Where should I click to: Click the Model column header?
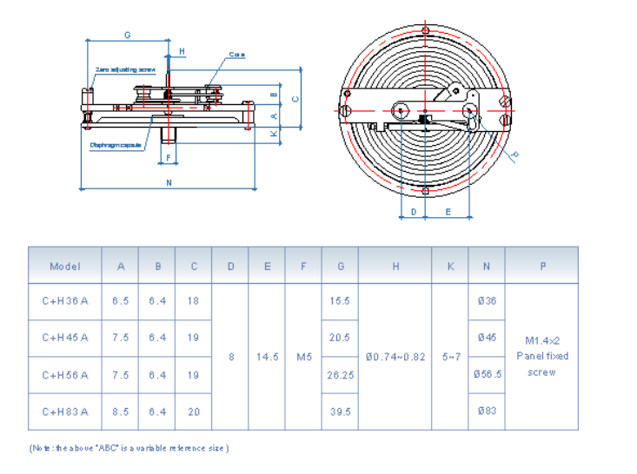[x=65, y=267]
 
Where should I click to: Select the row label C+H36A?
[x=65, y=301]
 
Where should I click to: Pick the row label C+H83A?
[x=65, y=412]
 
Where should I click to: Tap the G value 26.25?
[x=340, y=375]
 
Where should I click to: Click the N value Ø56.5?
[x=487, y=375]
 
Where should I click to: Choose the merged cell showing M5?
[x=303, y=357]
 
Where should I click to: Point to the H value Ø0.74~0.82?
[x=395, y=357]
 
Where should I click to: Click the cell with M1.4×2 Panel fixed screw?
[x=542, y=356]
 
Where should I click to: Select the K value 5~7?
[x=450, y=357]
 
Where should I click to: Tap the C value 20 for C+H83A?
[x=194, y=412]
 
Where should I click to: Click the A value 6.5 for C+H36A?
[x=121, y=301]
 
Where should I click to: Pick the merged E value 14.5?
[x=267, y=357]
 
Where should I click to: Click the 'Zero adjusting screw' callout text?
[x=126, y=69]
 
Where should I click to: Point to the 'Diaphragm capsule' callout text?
[x=116, y=145]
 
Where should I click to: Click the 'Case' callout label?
[x=236, y=55]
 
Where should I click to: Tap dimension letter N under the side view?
[x=169, y=182]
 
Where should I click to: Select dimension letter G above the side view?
[x=128, y=36]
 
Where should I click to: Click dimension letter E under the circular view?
[x=448, y=211]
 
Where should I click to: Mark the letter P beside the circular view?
[x=514, y=155]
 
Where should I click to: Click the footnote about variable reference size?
[x=129, y=448]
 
